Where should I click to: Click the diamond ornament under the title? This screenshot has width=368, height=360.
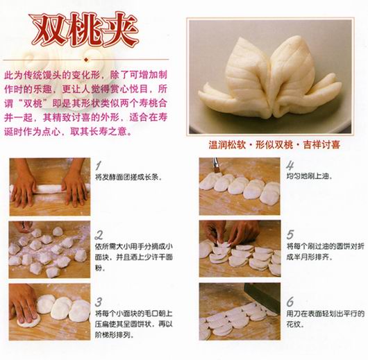tap(86, 60)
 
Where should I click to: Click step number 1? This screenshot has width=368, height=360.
tap(99, 166)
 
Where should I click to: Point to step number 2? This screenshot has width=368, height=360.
tap(99, 235)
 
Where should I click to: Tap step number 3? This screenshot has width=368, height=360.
tap(99, 302)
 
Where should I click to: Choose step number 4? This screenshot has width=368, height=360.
tap(290, 166)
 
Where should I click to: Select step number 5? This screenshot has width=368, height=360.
tap(290, 234)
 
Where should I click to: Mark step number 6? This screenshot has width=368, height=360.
tap(290, 302)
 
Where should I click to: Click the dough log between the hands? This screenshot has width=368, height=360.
tap(49, 189)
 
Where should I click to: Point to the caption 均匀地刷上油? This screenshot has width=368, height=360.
tap(309, 176)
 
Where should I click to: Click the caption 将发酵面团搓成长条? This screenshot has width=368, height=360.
tap(128, 177)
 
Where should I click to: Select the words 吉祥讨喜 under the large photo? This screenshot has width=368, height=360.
tap(321, 145)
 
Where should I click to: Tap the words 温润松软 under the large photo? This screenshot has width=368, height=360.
tap(227, 145)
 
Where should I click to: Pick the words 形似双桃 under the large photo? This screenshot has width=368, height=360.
tap(274, 145)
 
